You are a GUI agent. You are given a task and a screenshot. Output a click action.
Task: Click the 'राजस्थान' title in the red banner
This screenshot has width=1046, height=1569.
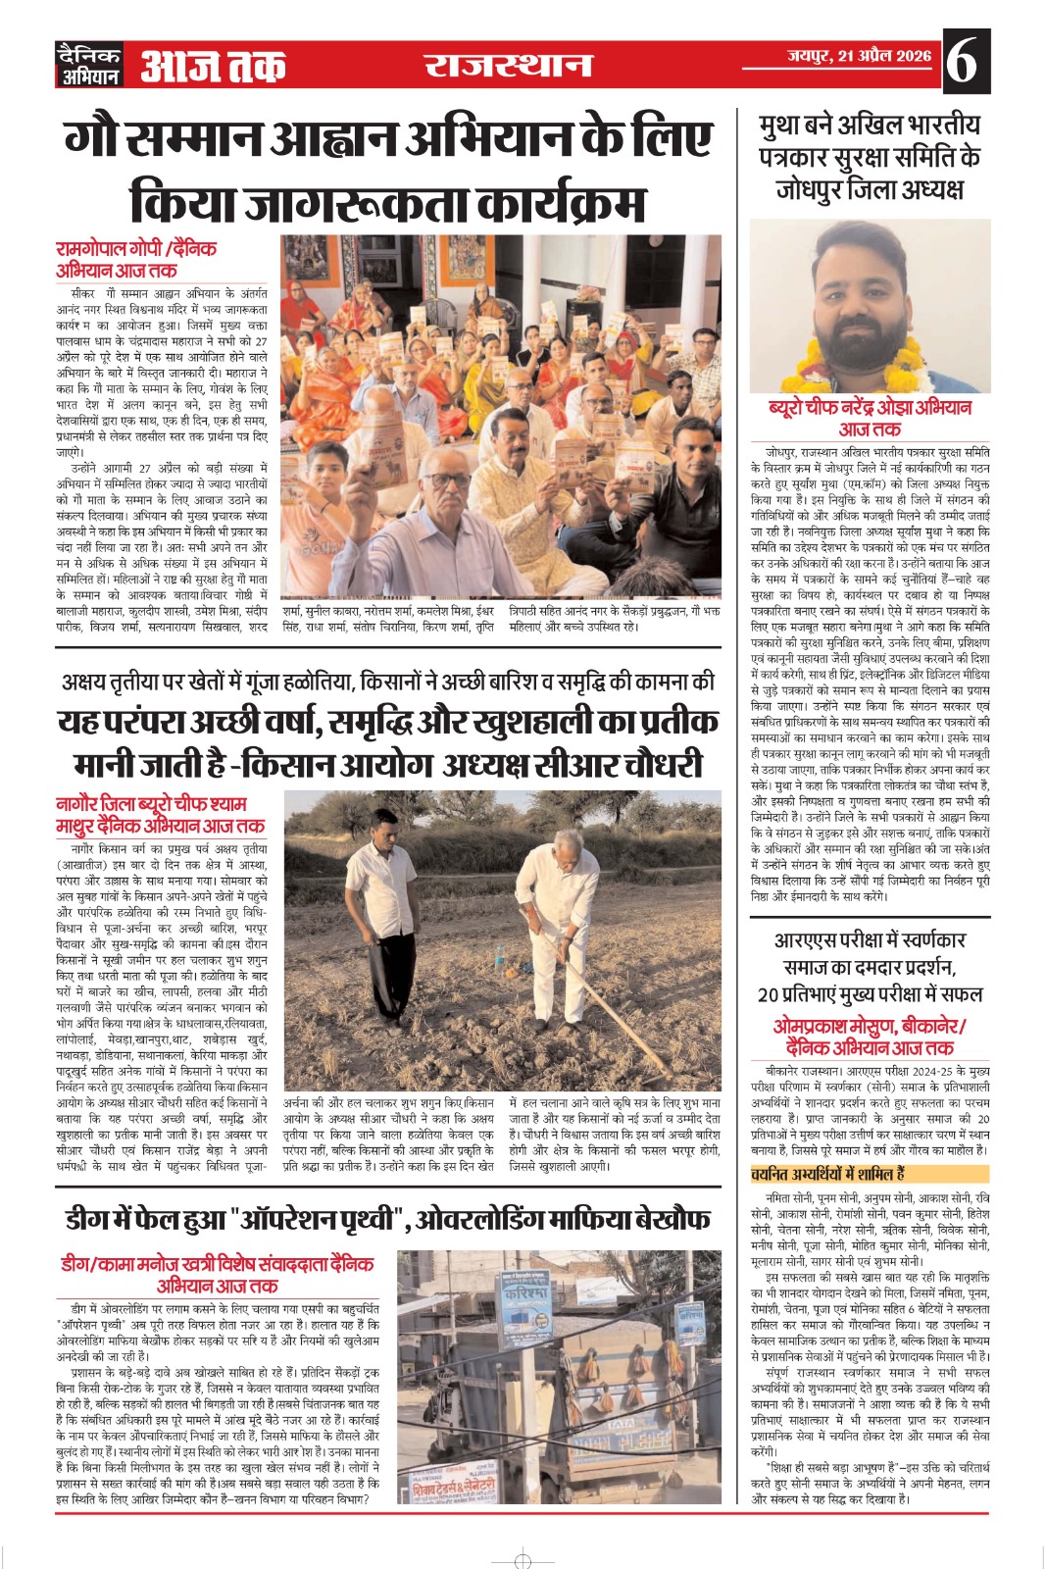click(508, 66)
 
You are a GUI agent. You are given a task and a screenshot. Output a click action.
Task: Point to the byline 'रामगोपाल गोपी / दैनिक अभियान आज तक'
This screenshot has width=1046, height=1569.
click(136, 259)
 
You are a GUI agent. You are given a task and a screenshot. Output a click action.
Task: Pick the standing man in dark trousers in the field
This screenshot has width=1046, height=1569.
click(368, 924)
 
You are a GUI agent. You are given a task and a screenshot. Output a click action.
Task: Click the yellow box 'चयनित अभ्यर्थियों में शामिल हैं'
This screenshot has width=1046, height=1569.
click(828, 1174)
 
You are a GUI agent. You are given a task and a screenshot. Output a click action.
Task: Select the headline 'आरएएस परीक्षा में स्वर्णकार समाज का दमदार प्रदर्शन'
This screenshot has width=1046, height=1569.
click(870, 967)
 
